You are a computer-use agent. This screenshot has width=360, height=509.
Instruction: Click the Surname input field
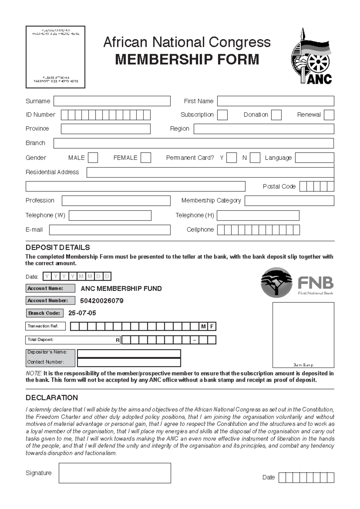pos(112,101)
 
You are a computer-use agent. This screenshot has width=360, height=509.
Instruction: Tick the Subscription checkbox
pos(222,115)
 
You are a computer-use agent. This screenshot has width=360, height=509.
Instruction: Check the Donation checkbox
pos(276,115)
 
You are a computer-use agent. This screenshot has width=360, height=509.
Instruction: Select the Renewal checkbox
pos(329,115)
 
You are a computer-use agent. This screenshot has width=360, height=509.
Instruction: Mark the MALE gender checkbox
pos(93,158)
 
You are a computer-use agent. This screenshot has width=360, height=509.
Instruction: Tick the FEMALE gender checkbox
pos(146,158)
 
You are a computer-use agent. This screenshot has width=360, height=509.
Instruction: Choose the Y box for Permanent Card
pos(231,158)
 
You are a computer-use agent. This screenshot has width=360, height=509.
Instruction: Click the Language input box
pos(314,158)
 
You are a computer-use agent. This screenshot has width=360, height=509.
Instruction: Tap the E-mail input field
pos(110,230)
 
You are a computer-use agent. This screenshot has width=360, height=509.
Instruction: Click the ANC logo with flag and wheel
pos(311,56)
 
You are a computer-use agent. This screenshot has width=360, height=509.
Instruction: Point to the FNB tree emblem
pos(276,282)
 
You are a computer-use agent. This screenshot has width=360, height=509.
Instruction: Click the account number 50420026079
pos(102,301)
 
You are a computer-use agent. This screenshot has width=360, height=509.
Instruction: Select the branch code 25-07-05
pos(82,313)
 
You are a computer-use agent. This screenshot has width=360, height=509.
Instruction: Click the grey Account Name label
pos(50,288)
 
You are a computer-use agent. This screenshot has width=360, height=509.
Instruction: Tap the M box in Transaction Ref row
pos(203,327)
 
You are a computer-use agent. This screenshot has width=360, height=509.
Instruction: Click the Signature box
pos(115,473)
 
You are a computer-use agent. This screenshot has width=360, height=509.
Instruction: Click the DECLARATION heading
pos(52,398)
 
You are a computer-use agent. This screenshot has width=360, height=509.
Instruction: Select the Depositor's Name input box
pos(129,353)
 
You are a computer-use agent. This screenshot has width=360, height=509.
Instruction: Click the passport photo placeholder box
pos(55,57)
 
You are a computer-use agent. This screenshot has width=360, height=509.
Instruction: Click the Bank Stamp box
pos(303,335)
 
